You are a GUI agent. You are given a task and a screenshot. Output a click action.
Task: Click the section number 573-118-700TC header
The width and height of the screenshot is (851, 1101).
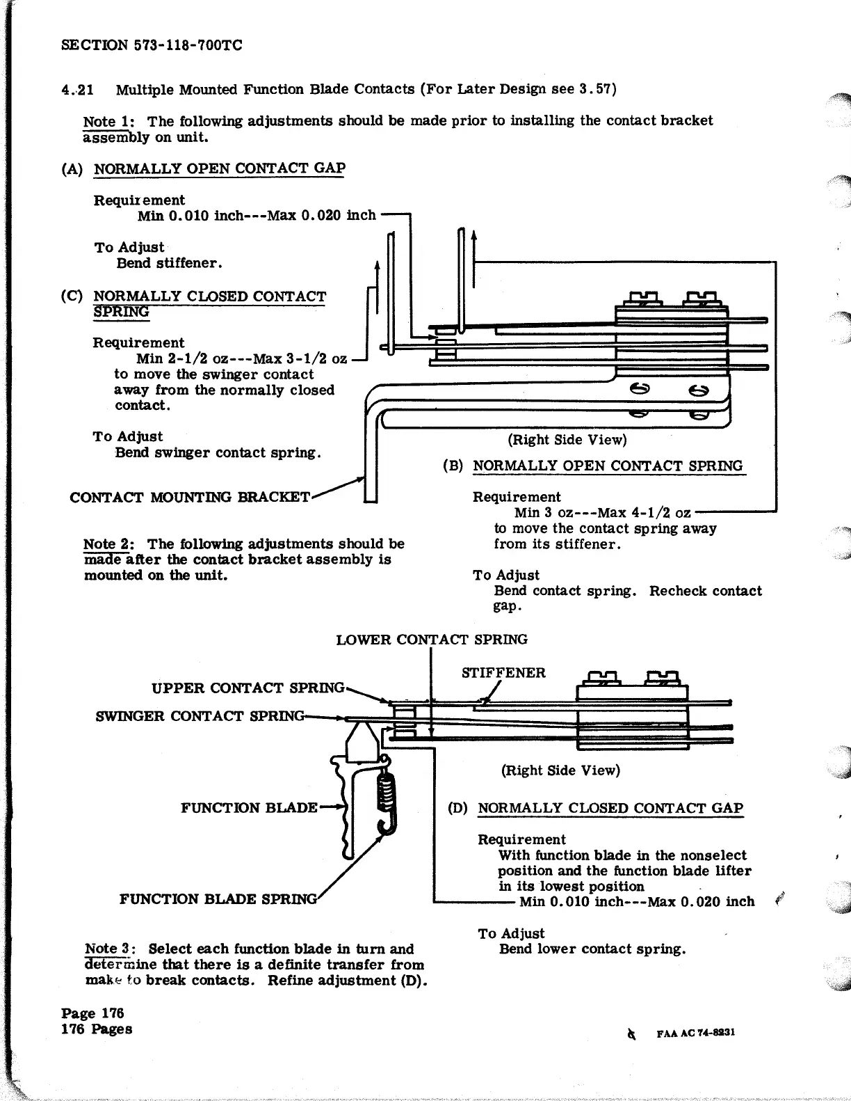(152, 46)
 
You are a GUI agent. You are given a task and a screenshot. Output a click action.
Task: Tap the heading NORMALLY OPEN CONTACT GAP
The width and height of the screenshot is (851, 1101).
(219, 168)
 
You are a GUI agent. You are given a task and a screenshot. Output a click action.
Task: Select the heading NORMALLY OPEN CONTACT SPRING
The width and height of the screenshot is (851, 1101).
(607, 466)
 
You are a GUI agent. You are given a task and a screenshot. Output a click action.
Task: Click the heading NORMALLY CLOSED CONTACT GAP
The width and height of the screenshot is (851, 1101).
(610, 808)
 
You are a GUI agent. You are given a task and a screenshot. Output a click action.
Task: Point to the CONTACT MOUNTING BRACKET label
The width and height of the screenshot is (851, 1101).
(190, 498)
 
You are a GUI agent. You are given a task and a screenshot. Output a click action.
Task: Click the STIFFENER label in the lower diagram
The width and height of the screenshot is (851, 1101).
(503, 673)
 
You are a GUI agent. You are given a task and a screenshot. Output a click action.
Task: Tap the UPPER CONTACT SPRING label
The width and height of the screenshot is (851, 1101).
(248, 688)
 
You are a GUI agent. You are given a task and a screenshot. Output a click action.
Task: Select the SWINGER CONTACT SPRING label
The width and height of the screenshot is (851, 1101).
(200, 716)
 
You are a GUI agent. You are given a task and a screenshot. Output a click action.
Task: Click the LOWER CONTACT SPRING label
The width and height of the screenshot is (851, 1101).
(431, 640)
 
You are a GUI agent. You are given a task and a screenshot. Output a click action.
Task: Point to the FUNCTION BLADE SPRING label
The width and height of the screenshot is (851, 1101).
(218, 898)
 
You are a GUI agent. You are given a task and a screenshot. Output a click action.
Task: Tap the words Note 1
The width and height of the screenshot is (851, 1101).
(103, 121)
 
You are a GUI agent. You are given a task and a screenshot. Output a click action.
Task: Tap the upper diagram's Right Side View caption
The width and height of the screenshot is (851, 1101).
(567, 440)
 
